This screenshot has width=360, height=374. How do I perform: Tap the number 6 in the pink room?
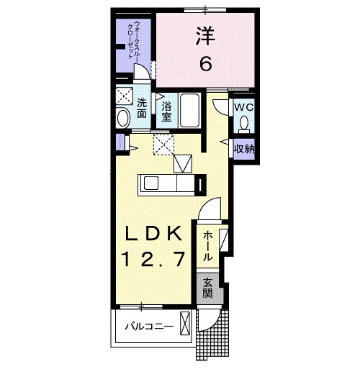click(205, 64)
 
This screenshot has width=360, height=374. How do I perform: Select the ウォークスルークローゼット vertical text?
click(133, 42)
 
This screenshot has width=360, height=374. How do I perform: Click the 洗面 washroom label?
click(142, 108)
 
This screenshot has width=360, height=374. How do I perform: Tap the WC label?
click(243, 107)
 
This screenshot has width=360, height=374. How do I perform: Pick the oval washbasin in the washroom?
click(123, 118)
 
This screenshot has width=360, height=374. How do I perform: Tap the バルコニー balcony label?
click(149, 327)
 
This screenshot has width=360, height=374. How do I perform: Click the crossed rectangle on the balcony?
click(185, 325)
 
